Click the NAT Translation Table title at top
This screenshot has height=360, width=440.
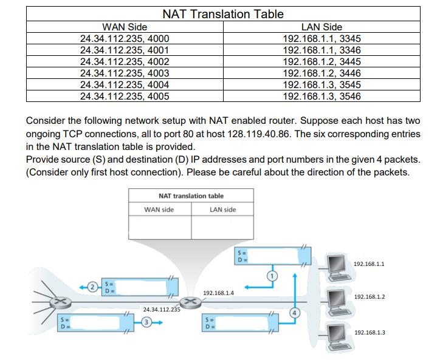coord(222,13)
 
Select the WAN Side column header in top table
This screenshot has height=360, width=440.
coord(125,27)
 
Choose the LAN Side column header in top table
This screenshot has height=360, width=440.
coord(321,27)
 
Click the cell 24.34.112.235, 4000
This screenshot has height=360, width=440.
coord(125,38)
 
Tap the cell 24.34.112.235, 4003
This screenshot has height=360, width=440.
coord(125,73)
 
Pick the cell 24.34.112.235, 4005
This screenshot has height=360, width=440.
coord(125,96)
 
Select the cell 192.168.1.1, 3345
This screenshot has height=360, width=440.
coord(321,38)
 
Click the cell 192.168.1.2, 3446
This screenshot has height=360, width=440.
coord(321,73)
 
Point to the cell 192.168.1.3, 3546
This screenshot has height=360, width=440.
coord(321,96)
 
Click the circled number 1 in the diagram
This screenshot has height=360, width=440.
coord(272,276)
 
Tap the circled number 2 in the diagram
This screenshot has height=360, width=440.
coord(92,286)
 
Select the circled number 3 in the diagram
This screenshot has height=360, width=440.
coord(146,322)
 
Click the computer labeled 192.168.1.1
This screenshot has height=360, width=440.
coord(337,265)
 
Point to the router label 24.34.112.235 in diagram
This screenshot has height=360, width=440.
coord(162,309)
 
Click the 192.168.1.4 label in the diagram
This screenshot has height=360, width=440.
coord(218,293)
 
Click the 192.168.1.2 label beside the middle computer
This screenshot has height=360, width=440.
coord(369,297)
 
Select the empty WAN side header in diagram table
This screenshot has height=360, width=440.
coord(159,209)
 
